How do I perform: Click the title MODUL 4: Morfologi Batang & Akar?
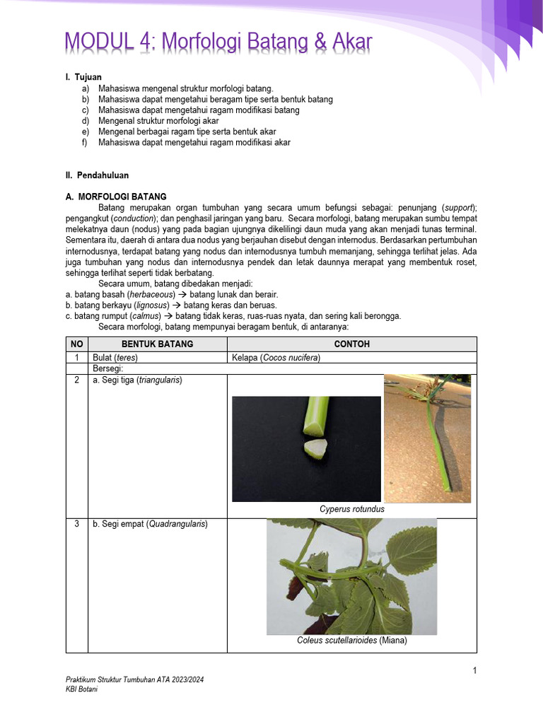coord(218,43)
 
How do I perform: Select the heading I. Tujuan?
coord(84,77)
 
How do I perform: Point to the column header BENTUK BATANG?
coord(157,344)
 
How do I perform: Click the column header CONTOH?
coord(351,344)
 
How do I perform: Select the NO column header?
coord(76,344)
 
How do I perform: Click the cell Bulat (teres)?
coord(115,358)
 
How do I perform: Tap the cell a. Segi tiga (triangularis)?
coord(137,380)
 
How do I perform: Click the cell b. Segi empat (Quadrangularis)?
coord(150,524)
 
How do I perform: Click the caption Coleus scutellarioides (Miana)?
coord(351,641)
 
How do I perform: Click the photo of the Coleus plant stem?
coord(351,576)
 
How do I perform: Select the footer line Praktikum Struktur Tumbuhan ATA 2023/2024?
coord(134,679)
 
